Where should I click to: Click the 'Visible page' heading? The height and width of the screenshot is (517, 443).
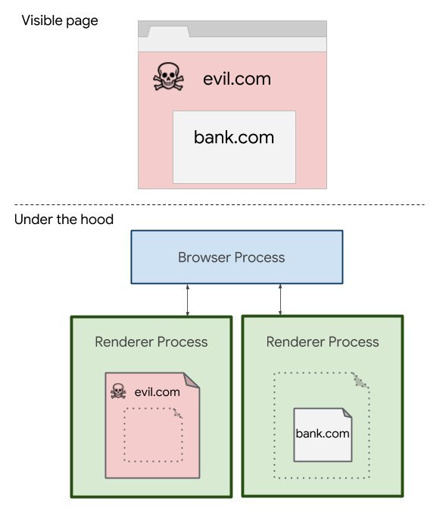[60, 20]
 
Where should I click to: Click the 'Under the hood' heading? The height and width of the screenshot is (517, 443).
[64, 220]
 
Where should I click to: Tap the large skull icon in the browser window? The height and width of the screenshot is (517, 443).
[168, 77]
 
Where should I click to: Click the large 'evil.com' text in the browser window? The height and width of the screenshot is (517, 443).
[236, 79]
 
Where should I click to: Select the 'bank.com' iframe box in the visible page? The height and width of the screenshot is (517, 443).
[233, 147]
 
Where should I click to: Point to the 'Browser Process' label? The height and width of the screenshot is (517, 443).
[231, 257]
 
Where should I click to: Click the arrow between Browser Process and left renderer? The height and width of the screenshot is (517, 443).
[188, 300]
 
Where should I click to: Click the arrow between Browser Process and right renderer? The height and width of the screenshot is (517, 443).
[281, 300]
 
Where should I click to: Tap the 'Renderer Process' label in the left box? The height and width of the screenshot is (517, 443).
[151, 341]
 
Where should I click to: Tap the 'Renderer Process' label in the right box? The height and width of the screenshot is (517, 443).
[323, 341]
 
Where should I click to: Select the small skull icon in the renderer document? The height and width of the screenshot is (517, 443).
[117, 391]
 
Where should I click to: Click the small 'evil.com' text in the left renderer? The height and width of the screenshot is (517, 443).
[157, 391]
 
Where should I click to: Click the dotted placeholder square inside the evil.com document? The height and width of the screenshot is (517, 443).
[152, 434]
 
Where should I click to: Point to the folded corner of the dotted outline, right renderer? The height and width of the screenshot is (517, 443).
[361, 382]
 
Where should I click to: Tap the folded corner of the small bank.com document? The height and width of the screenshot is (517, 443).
[345, 414]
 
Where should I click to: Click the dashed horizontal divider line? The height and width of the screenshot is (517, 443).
[220, 204]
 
